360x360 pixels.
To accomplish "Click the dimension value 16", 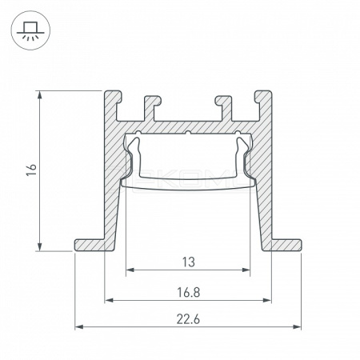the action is click(x=31, y=170).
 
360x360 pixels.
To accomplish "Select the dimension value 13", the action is click(x=189, y=262).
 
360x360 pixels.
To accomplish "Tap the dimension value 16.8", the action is click(x=188, y=292).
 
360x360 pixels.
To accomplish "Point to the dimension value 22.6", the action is click(x=188, y=319).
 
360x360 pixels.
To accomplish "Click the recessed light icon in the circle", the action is click(x=30, y=30).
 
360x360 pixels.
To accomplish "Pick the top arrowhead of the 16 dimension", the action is click(x=40, y=94).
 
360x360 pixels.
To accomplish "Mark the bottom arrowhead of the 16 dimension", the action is click(x=40, y=247).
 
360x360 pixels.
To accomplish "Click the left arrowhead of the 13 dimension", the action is click(x=130, y=270).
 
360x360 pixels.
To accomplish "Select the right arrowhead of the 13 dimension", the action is click(x=246, y=270).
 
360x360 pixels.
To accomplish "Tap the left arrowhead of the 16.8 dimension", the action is click(x=109, y=300).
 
